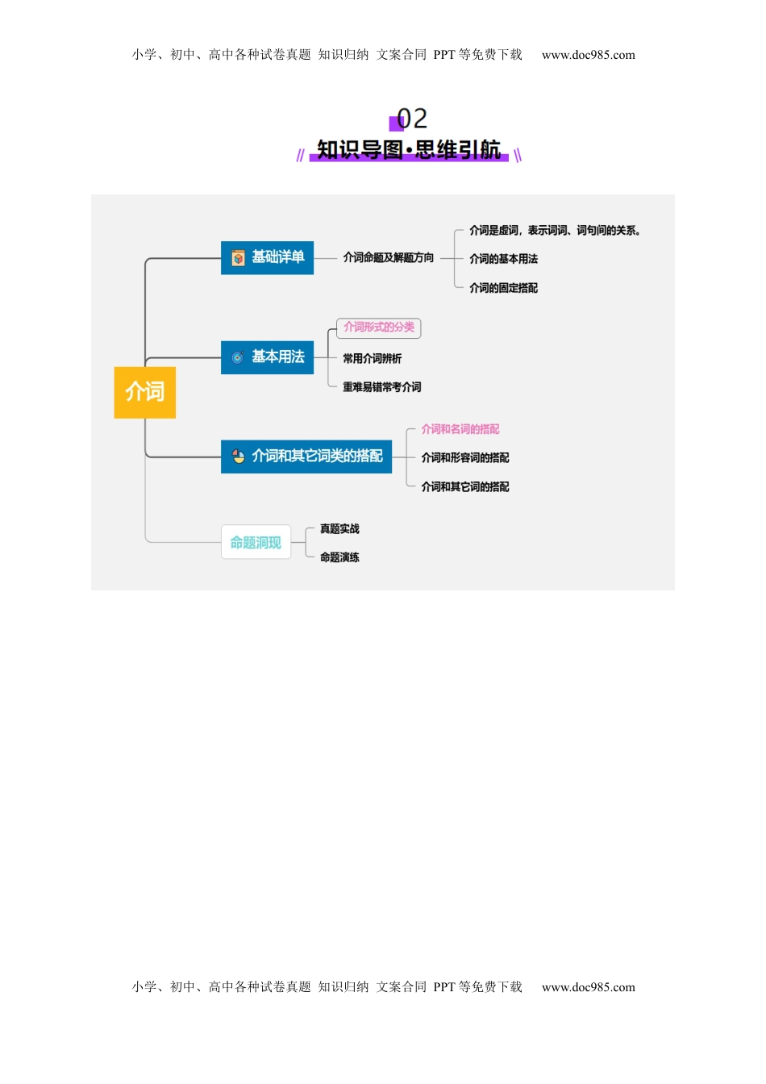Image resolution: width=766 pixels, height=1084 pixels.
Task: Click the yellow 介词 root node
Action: tap(145, 392)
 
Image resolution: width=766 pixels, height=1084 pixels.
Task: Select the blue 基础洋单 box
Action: tap(267, 258)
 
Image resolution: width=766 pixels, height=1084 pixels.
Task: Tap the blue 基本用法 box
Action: tap(267, 357)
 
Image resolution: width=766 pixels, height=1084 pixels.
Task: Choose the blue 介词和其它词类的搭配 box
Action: tap(306, 457)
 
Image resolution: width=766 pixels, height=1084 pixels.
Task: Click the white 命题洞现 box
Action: tap(256, 543)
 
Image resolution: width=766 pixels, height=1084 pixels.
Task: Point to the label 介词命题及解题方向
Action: tap(388, 258)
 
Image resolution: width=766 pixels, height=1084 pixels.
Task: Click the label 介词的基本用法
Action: tap(503, 259)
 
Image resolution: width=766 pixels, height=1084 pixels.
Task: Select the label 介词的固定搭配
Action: tap(503, 288)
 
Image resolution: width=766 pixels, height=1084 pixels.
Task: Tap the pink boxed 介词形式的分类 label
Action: tap(379, 327)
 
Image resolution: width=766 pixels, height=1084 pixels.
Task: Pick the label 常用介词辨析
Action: tap(372, 359)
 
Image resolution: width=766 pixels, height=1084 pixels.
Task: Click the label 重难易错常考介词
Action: tap(381, 387)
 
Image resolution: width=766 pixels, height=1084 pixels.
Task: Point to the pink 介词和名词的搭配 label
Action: tap(460, 429)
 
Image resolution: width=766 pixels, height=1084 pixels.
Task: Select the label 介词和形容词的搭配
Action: tap(464, 458)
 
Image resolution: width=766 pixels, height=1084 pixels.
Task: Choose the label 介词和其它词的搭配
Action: tap(464, 487)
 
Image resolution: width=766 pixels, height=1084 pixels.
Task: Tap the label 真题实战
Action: tap(339, 529)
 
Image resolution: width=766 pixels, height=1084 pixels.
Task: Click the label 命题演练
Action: tap(339, 557)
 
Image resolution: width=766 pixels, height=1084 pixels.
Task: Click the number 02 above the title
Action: tap(412, 119)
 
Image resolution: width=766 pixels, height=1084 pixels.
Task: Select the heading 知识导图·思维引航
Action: tap(409, 150)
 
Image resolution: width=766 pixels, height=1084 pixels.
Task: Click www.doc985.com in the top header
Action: tap(588, 56)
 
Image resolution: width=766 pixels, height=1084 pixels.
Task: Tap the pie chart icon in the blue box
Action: tap(239, 457)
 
